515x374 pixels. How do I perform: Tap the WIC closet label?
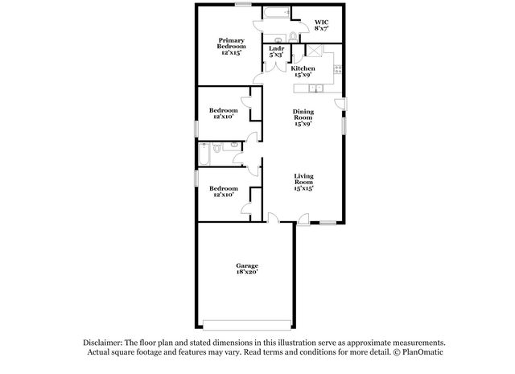coord(321,25)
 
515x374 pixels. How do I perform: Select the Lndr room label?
coord(275,51)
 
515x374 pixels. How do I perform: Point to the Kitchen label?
coord(303,72)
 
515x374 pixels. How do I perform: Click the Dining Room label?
coord(303,117)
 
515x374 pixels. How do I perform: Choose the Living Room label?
coord(303,180)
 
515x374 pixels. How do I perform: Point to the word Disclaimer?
coord(100,342)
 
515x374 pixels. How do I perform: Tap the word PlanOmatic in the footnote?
coord(420,352)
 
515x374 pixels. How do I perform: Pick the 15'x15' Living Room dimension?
coord(303,187)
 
